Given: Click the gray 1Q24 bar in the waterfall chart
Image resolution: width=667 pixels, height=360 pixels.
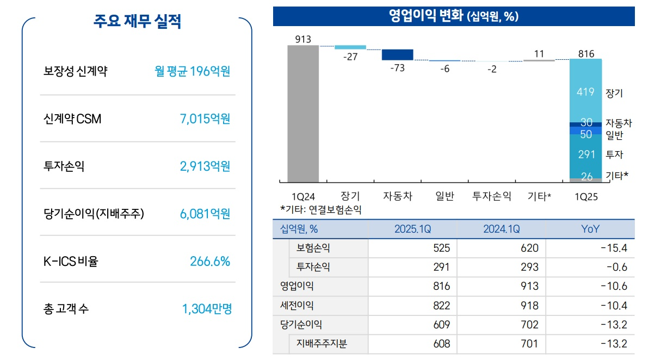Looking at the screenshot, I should pyautogui.click(x=303, y=113).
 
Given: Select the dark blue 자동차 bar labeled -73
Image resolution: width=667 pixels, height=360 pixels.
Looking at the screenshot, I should pyautogui.click(x=397, y=55).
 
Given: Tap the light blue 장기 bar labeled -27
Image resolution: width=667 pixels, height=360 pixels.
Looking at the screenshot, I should pyautogui.click(x=350, y=47).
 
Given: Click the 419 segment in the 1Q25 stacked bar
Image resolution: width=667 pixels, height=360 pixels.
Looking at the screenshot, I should pyautogui.click(x=585, y=91).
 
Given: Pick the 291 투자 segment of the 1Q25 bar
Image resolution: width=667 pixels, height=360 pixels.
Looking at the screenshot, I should pyautogui.click(x=585, y=155).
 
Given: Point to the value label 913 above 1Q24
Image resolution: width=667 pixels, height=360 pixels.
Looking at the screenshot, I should pyautogui.click(x=303, y=39).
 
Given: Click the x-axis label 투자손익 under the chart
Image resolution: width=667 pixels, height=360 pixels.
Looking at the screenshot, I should pyautogui.click(x=492, y=196).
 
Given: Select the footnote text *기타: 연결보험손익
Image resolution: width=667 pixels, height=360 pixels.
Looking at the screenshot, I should pyautogui.click(x=320, y=209).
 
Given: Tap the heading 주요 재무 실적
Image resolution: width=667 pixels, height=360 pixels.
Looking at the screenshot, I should pyautogui.click(x=137, y=22).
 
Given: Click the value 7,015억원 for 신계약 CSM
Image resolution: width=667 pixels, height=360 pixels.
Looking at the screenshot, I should pyautogui.click(x=205, y=119).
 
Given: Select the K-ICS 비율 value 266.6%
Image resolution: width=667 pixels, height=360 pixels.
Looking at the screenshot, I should pyautogui.click(x=210, y=262).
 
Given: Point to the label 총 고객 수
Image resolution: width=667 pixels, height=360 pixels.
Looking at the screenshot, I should pyautogui.click(x=66, y=309).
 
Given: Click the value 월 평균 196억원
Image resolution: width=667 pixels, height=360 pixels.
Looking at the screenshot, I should pyautogui.click(x=193, y=72).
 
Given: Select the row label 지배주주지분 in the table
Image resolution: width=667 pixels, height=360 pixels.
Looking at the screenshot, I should pyautogui.click(x=322, y=344).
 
